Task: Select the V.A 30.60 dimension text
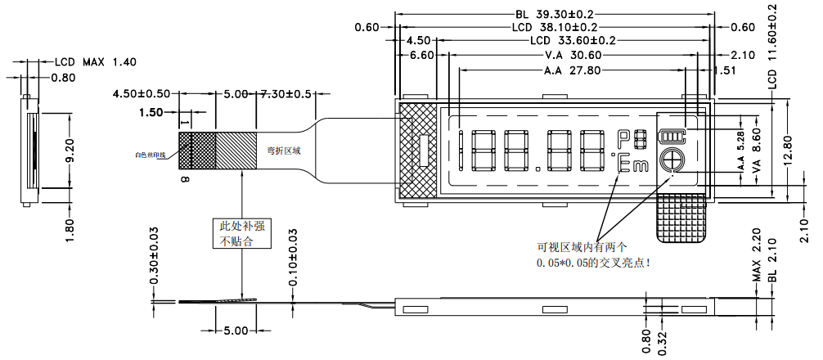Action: (x=573, y=56)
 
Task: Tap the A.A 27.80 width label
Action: (x=572, y=71)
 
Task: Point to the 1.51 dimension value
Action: (x=725, y=71)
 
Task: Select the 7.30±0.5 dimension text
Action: (x=286, y=94)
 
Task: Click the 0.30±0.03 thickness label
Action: (x=155, y=255)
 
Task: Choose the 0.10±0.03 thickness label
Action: (x=294, y=255)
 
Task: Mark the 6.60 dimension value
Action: (x=421, y=56)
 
